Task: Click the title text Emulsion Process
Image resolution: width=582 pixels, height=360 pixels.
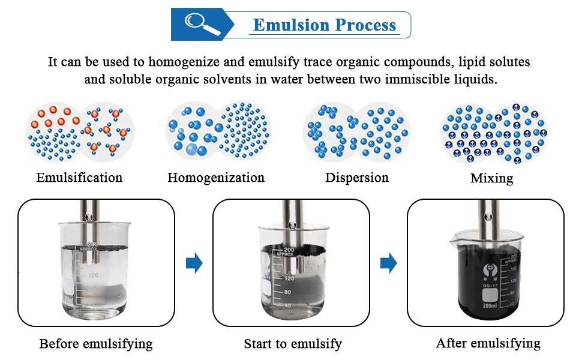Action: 324,25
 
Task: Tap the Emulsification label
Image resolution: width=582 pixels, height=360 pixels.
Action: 79,178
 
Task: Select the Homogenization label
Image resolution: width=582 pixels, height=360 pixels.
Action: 216,178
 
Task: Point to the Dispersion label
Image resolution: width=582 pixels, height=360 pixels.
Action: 357,178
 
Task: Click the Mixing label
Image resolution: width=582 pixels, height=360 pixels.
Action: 491,178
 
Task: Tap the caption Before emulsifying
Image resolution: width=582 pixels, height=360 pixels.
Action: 96,344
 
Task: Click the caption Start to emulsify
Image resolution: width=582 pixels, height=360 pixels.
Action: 293,344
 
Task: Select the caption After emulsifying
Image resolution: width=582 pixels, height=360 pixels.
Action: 488,343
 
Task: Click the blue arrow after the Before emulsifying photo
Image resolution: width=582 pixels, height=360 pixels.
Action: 194,263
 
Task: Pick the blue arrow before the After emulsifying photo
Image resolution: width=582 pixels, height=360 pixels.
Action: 389,263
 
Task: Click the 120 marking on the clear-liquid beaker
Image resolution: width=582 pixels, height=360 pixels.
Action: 92,275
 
